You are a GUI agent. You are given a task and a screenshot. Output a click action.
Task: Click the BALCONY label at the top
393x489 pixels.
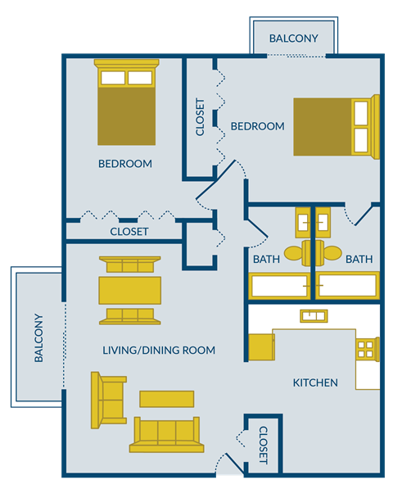(x=293, y=38)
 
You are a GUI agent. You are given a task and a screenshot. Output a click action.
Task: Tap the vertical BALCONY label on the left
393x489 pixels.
(x=38, y=337)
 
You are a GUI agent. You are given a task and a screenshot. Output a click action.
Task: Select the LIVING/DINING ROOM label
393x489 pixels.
(x=159, y=351)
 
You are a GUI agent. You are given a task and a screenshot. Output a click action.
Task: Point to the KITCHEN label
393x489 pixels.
(x=315, y=383)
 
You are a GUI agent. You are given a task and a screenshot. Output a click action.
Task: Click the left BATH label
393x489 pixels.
(x=266, y=259)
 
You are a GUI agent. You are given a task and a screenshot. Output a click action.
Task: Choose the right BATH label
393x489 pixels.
(x=359, y=259)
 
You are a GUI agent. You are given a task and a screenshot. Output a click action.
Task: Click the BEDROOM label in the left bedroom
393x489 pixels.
(x=125, y=164)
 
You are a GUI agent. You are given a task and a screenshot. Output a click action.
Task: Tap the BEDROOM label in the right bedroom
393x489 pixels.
(x=257, y=126)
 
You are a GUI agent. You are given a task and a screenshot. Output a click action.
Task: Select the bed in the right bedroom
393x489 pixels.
(x=336, y=126)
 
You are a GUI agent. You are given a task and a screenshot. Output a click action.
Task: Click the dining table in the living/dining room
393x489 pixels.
(x=130, y=290)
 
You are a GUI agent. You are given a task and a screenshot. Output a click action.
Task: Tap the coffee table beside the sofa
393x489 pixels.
(x=167, y=398)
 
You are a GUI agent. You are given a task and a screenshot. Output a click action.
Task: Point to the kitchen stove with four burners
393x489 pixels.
(x=365, y=349)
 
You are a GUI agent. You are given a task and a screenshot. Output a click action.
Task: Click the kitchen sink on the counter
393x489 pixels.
(x=314, y=315)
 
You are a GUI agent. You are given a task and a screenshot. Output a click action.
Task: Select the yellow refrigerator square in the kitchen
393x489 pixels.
(x=261, y=346)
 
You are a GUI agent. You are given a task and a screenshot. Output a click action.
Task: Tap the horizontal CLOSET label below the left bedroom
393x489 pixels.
(x=129, y=232)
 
